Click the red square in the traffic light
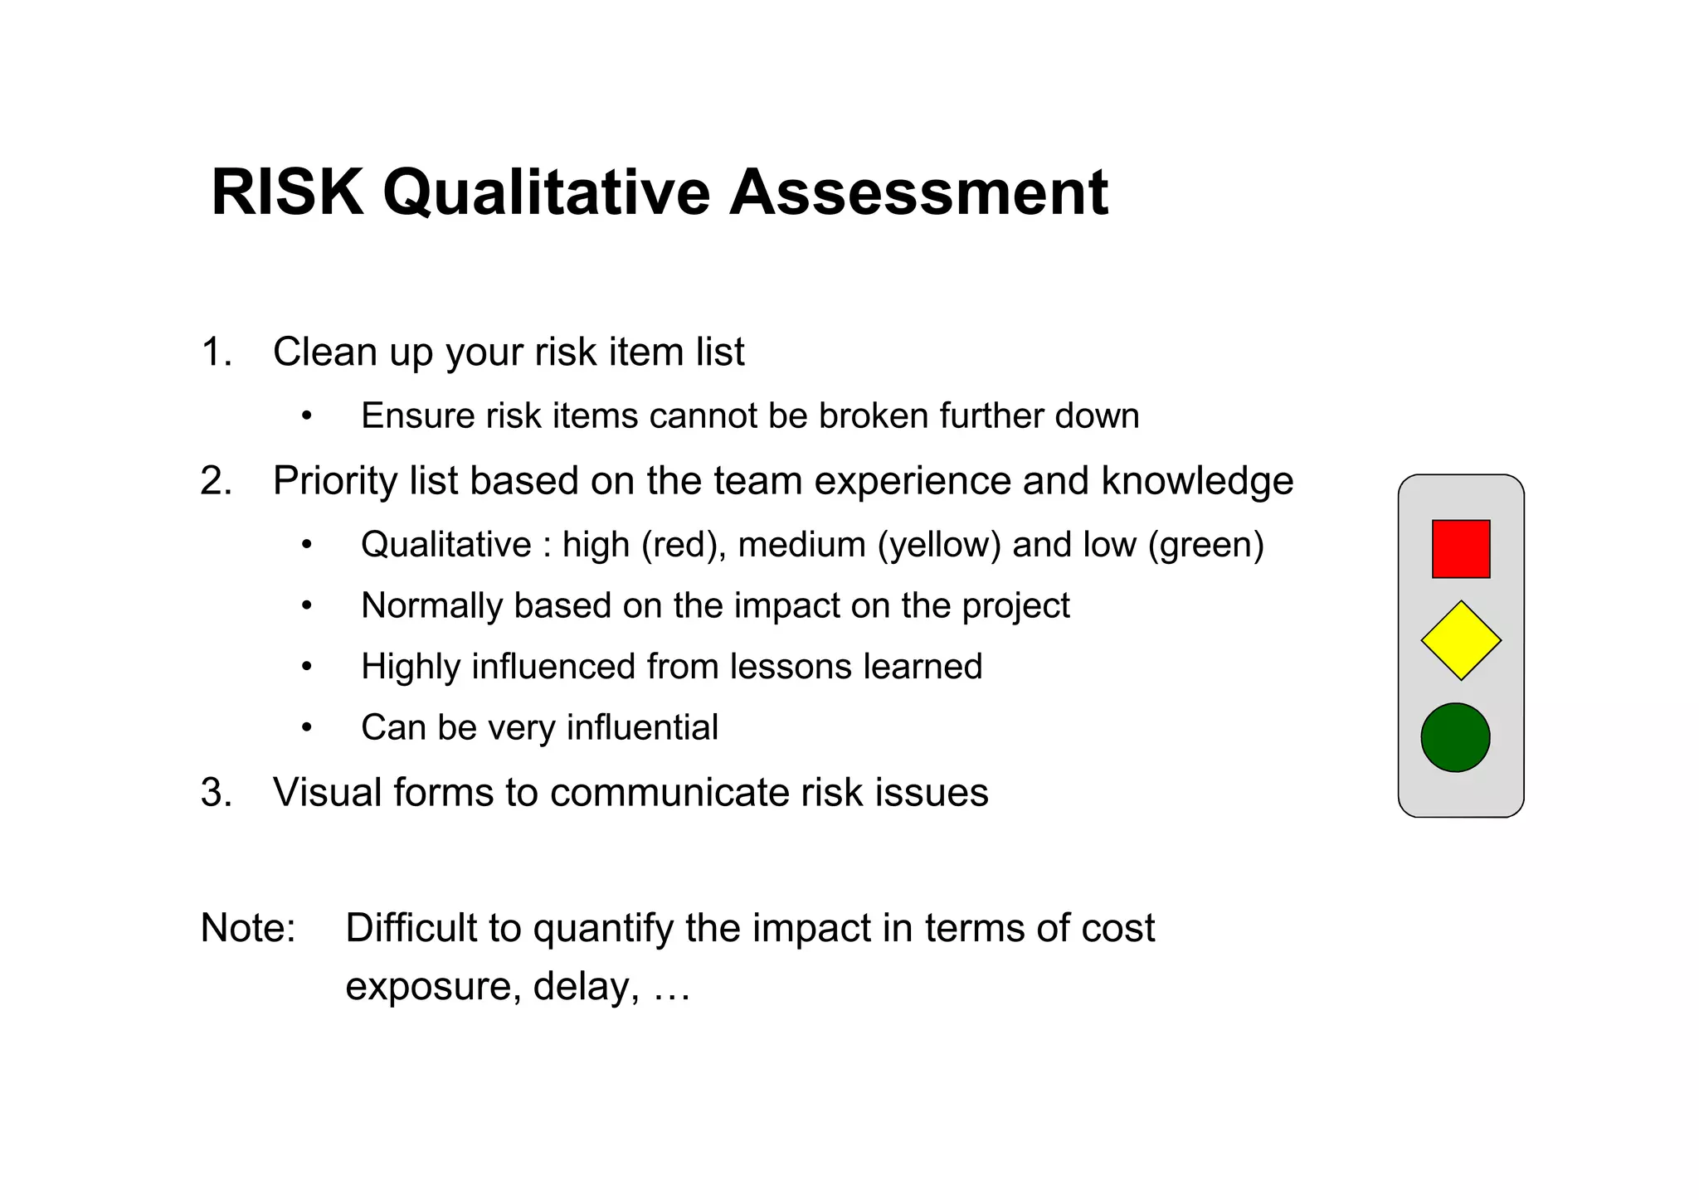[x=1461, y=549]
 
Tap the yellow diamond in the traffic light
[x=1461, y=640]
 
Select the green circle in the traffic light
[x=1455, y=737]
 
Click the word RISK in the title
[x=287, y=192]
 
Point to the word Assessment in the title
[x=918, y=192]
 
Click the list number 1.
[x=216, y=352]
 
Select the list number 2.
[x=216, y=481]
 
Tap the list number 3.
[x=216, y=792]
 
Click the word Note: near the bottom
[x=248, y=927]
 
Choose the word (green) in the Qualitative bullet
[x=1206, y=545]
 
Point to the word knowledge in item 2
[x=1197, y=481]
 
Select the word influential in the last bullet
[x=642, y=727]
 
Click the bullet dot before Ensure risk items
[x=307, y=416]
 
